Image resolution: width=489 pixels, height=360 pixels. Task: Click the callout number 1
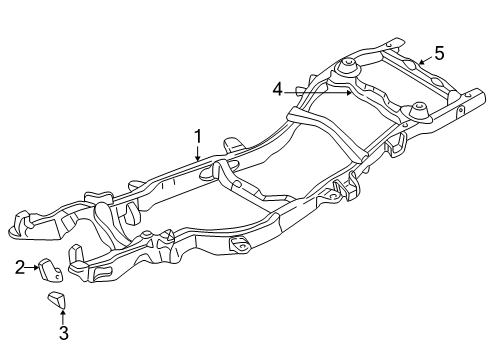click(198, 135)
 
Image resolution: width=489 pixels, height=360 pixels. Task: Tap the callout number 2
click(19, 267)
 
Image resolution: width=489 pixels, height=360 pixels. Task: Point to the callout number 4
click(277, 90)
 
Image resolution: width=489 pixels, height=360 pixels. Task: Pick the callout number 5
click(438, 54)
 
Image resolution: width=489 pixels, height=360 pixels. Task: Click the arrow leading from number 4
click(320, 92)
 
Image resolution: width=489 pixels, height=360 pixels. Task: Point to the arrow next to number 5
click(424, 61)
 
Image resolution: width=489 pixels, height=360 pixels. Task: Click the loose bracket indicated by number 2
click(51, 272)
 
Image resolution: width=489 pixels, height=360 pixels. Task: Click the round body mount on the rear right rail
click(419, 107)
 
